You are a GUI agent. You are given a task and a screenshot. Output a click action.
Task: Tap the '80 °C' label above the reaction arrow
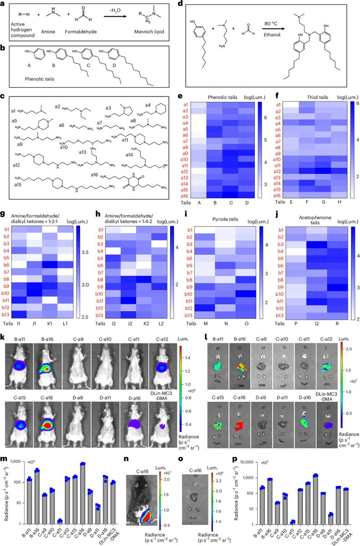pos(271,25)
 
